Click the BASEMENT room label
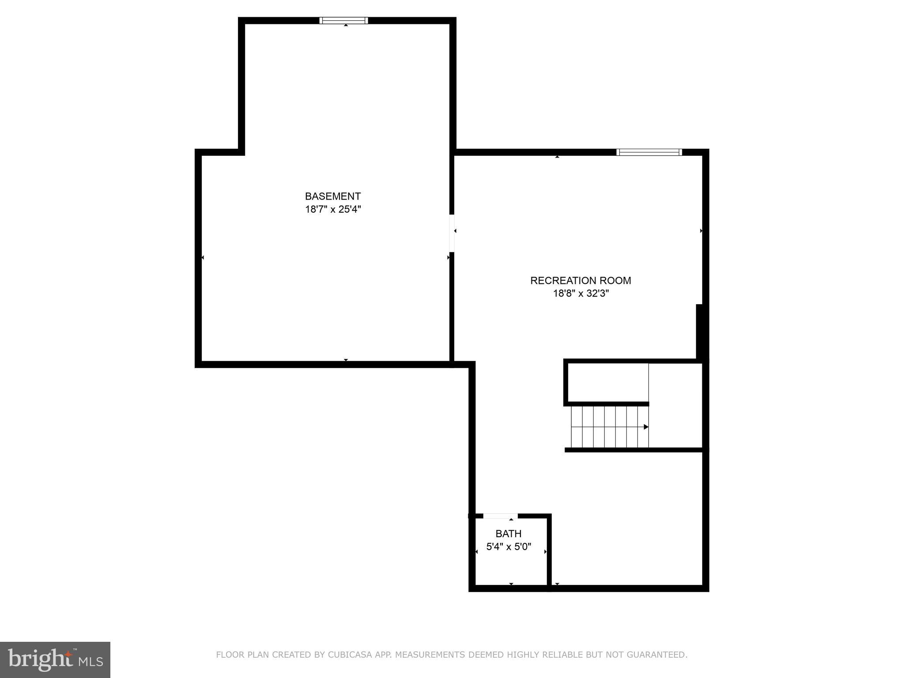tap(333, 196)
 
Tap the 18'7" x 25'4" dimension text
tap(333, 209)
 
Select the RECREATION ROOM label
tap(580, 281)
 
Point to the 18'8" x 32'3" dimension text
tap(581, 294)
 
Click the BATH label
tap(508, 534)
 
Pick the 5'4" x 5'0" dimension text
tap(508, 547)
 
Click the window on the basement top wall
tap(344, 20)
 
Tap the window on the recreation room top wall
tap(649, 152)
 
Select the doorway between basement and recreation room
tap(452, 233)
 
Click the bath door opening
tap(500, 516)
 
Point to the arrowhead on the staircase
tap(646, 427)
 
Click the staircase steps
tap(609, 427)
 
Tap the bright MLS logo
tap(55, 659)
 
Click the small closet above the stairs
tap(608, 382)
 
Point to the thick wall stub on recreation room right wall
tap(699, 331)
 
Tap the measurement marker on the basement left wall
tap(202, 257)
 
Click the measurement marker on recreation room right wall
tap(701, 231)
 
